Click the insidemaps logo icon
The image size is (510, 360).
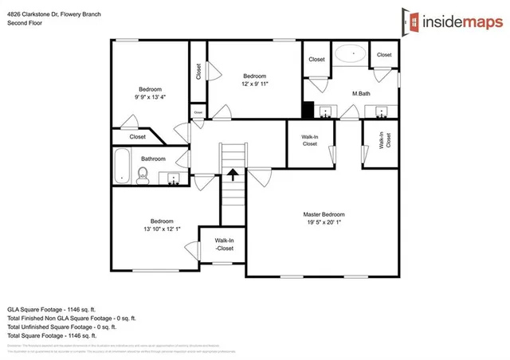point(412,22)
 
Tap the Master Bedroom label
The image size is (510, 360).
point(324,215)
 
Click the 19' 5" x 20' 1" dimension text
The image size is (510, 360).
point(324,223)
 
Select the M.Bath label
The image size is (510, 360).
point(362,94)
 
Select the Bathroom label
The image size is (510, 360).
point(153,158)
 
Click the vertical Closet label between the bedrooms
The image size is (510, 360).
point(198,72)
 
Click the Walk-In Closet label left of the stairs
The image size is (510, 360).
point(225,245)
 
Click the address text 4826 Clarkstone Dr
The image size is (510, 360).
point(54,14)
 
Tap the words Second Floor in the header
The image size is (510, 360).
point(26,23)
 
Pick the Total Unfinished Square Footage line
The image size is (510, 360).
point(61,326)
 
